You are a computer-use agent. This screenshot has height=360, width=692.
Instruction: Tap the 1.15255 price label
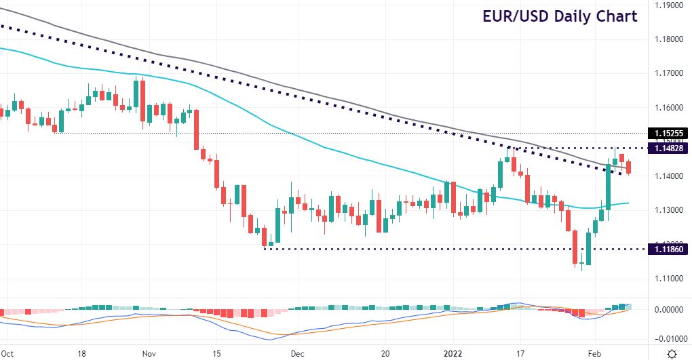coord(669,133)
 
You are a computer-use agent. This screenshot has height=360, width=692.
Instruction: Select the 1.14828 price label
coord(669,148)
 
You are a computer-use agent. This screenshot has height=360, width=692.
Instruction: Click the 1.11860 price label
coord(669,249)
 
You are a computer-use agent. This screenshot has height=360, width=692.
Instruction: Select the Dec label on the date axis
coord(296,353)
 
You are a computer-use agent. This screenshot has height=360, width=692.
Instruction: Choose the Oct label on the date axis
coord(8,353)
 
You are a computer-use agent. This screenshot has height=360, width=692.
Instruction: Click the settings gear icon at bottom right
coord(671,353)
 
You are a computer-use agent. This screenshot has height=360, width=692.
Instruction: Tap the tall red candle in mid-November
coord(196,129)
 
